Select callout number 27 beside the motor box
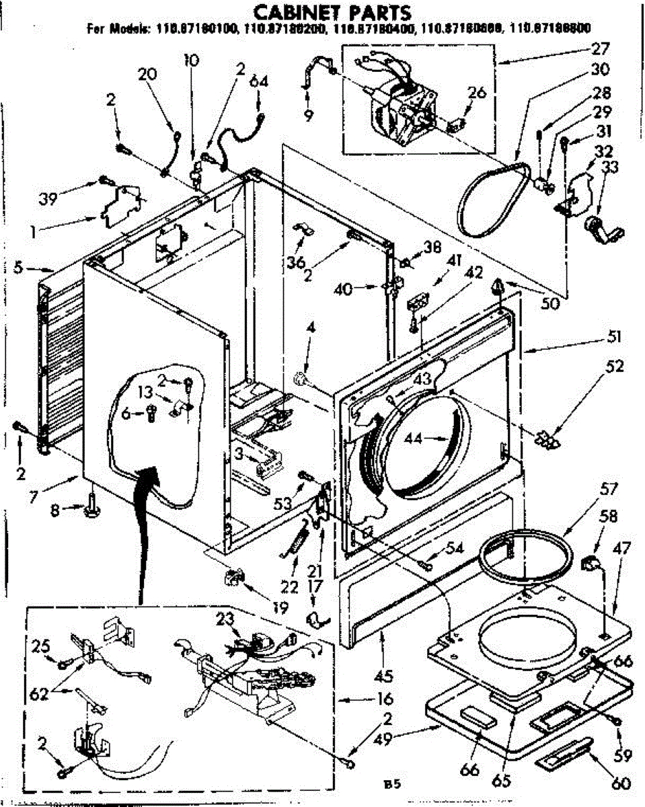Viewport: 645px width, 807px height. (600, 48)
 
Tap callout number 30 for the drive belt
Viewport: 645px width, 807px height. (600, 69)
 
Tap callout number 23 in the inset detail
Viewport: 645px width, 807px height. (225, 619)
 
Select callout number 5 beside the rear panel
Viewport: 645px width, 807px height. (20, 268)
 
